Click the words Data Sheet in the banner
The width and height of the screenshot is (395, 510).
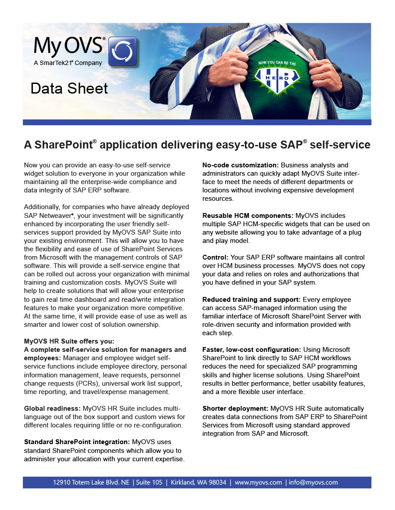coord(69,89)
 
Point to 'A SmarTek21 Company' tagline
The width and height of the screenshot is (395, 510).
coord(68,63)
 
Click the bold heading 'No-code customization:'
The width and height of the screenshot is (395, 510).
coord(241,165)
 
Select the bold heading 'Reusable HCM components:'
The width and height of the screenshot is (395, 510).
coord(248,216)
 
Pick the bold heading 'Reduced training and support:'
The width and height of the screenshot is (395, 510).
coord(252,300)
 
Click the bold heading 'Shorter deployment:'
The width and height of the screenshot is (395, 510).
coord(236,409)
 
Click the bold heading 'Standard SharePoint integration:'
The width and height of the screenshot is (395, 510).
coord(77,442)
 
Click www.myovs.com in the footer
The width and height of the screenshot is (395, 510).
coord(258,482)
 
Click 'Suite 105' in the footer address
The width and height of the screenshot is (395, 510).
coord(149,482)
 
